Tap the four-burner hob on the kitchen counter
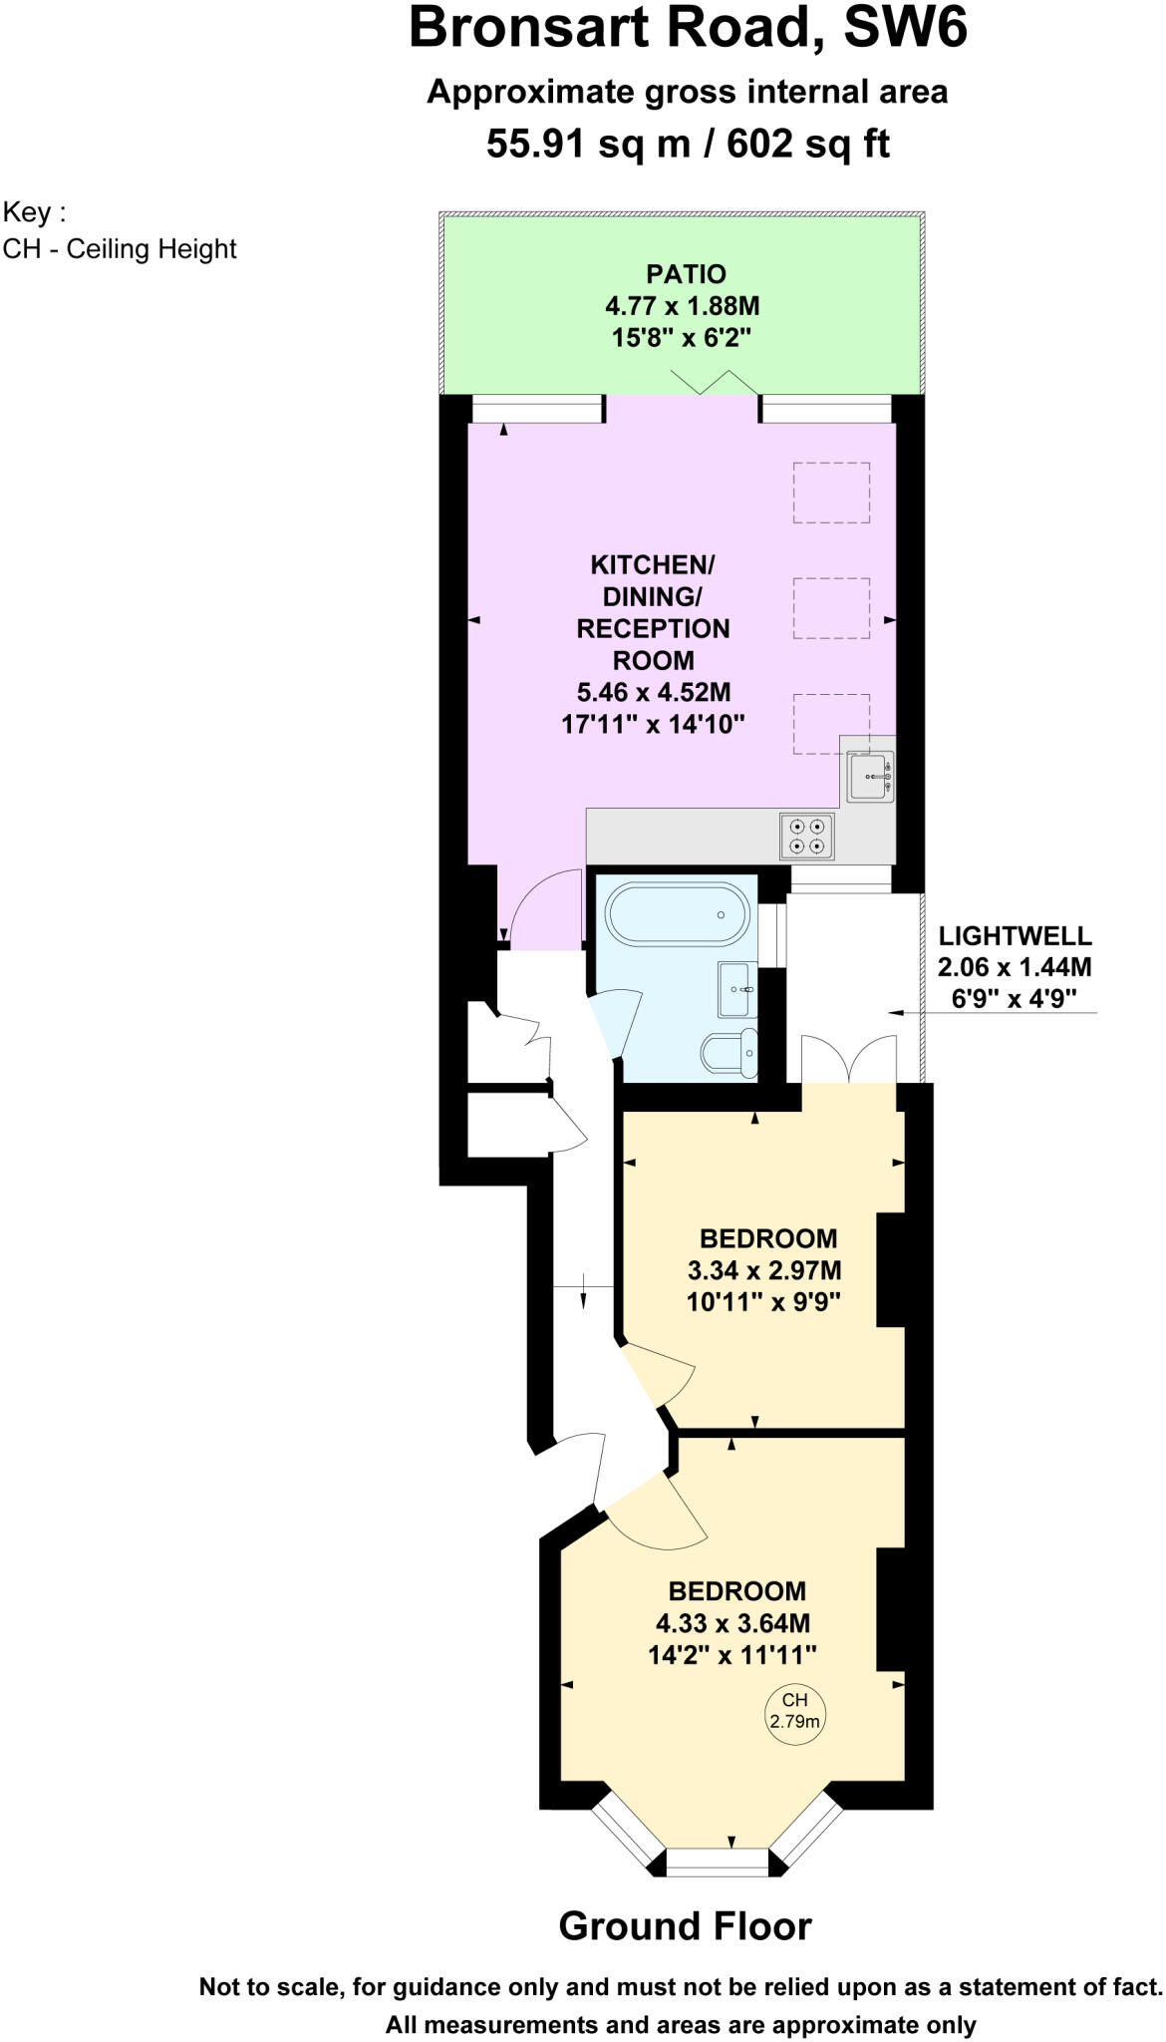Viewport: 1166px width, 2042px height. (807, 837)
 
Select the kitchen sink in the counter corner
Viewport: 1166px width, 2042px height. (870, 776)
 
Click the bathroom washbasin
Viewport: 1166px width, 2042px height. (736, 989)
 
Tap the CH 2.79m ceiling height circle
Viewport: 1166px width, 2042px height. (794, 1711)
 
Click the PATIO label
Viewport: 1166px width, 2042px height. (686, 274)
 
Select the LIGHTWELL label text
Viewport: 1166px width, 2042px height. (1015, 936)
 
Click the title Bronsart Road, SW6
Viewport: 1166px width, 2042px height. (688, 28)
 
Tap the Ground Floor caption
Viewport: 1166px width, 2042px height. (685, 1926)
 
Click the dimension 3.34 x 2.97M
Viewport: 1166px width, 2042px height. (764, 1270)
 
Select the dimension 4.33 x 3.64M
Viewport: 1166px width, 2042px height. (732, 1623)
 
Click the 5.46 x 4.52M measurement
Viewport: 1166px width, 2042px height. (653, 692)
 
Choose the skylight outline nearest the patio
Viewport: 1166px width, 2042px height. (831, 493)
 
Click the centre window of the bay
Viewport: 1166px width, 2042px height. (717, 1862)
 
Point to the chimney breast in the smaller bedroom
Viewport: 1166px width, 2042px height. (890, 1269)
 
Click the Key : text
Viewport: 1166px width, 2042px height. (35, 212)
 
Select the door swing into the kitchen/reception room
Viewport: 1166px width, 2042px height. (544, 907)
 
